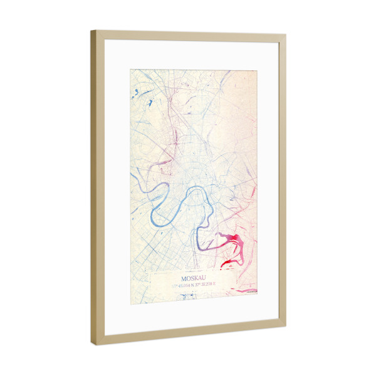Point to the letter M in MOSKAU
click(183, 278)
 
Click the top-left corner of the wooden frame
click(91, 31)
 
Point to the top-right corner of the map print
click(257, 69)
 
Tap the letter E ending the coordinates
click(214, 284)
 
